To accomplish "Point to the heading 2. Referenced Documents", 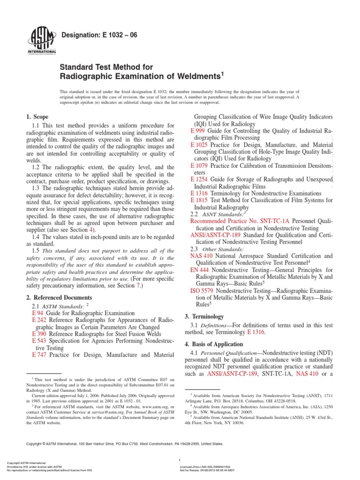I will point(59,297).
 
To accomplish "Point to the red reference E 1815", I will point(200,200).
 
